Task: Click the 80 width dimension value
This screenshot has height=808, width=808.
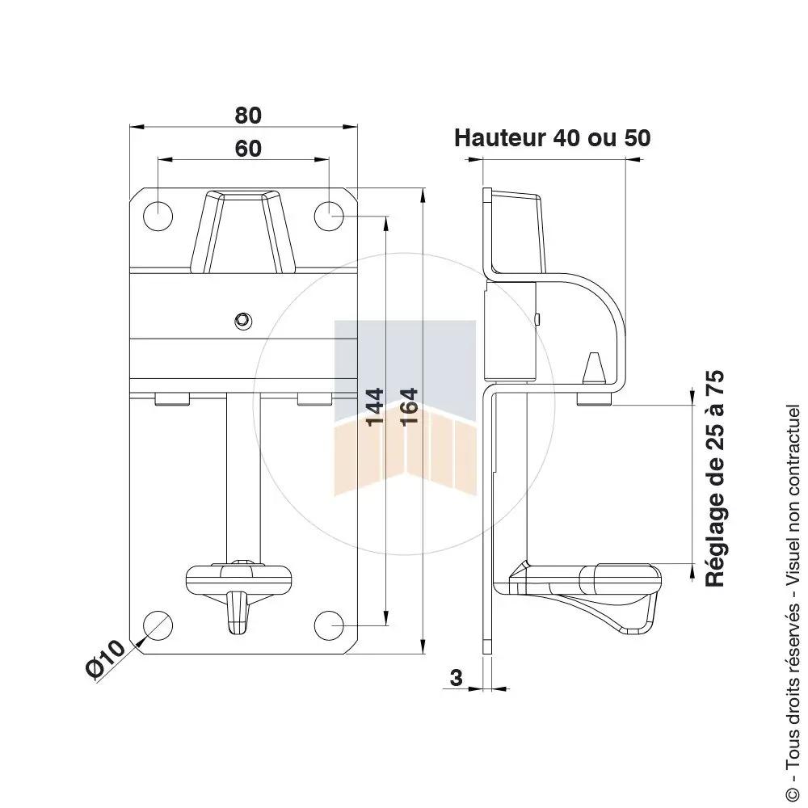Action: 248,116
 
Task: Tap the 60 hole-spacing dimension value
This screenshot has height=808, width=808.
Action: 248,149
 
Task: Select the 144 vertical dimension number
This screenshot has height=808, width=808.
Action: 375,407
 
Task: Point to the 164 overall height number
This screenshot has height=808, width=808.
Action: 409,407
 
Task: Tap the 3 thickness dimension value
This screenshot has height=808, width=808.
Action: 457,678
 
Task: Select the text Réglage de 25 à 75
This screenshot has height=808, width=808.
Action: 715,478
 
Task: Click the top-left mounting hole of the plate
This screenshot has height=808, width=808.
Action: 158,216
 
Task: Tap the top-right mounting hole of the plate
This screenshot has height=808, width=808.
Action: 329,216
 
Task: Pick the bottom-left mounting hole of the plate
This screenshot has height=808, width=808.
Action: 158,625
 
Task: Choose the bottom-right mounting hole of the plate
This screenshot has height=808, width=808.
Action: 329,625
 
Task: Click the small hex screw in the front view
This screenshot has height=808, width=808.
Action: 242,321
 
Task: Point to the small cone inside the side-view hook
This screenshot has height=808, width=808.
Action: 594,368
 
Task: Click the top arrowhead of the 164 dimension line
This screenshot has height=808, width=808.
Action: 423,194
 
